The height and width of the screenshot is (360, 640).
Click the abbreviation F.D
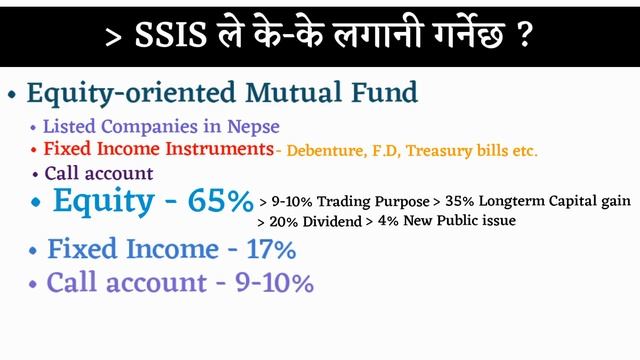[x=386, y=151]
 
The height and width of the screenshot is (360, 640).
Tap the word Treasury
[x=441, y=151]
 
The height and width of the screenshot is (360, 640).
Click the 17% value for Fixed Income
[x=271, y=249]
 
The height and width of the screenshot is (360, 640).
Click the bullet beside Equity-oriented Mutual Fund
[x=12, y=96]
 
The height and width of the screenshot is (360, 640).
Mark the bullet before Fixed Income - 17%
[x=35, y=250]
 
